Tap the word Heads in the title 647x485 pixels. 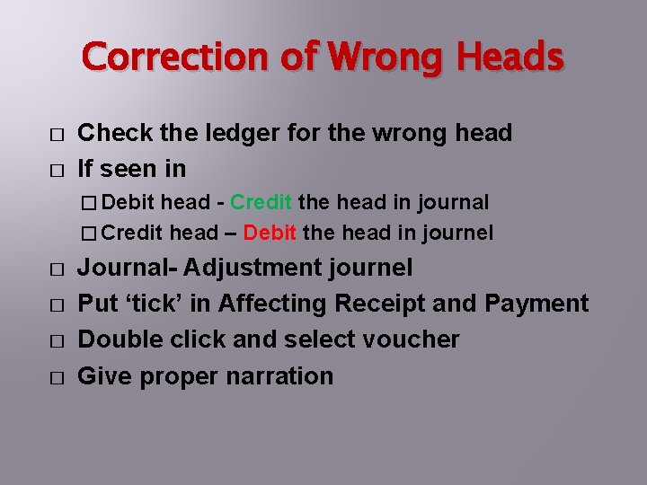[x=511, y=57]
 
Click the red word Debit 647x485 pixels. [x=270, y=233]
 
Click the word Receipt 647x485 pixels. [x=378, y=304]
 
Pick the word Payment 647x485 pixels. [x=536, y=304]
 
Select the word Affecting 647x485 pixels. [x=270, y=304]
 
